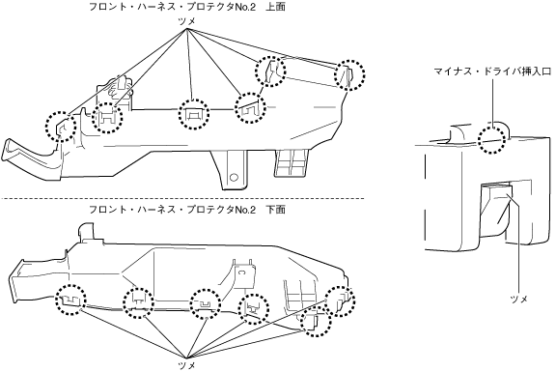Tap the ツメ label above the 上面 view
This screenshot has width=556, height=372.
pyautogui.click(x=186, y=22)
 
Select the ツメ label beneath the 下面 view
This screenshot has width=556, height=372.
pyautogui.click(x=186, y=365)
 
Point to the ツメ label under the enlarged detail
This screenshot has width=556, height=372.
pyautogui.click(x=518, y=299)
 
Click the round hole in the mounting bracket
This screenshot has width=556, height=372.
pyautogui.click(x=234, y=177)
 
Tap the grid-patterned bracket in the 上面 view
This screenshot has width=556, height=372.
pyautogui.click(x=292, y=163)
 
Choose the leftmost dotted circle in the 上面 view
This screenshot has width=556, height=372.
pyautogui.click(x=61, y=127)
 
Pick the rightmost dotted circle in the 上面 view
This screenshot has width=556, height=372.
pyautogui.click(x=350, y=75)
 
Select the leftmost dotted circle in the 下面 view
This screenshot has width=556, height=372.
pyautogui.click(x=70, y=300)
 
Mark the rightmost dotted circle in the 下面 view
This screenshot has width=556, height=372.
pyautogui.click(x=340, y=301)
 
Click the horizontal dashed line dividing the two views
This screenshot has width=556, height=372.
pyautogui.click(x=181, y=198)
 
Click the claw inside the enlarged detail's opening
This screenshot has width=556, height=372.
pyautogui.click(x=498, y=210)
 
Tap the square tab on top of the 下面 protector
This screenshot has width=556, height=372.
pyautogui.click(x=87, y=233)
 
